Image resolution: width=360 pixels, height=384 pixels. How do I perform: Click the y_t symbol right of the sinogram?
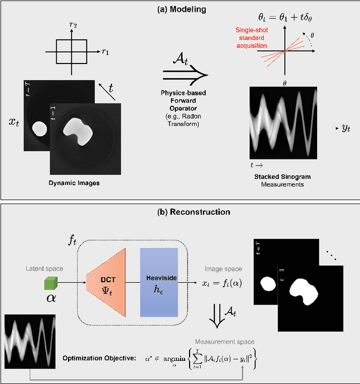(345, 129)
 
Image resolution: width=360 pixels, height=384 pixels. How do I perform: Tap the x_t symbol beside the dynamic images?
(13, 122)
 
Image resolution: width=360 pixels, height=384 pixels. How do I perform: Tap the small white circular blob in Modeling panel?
(39, 129)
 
